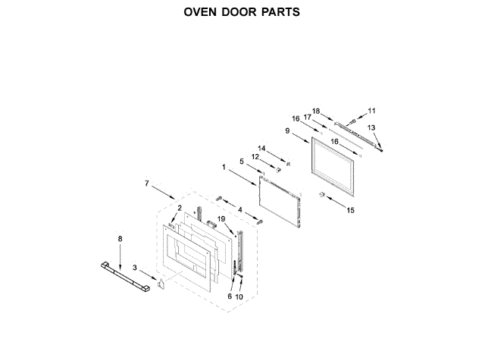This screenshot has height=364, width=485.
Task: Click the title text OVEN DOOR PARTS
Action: click(242, 12)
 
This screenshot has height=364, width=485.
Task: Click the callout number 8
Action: click(119, 239)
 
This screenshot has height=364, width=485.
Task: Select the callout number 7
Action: click(147, 183)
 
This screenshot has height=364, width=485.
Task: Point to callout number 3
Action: click(134, 267)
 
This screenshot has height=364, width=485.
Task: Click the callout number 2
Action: click(179, 207)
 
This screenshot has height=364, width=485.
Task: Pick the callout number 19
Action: click(221, 219)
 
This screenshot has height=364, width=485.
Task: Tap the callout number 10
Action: click(241, 297)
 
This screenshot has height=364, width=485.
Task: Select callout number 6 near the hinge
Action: click(230, 297)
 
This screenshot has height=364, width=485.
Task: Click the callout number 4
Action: click(240, 209)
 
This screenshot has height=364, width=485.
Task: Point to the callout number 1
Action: click(224, 166)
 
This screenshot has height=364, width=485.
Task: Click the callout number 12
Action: click(255, 157)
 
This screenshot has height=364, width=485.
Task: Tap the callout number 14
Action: click(261, 147)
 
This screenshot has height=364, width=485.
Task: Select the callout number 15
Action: click(350, 209)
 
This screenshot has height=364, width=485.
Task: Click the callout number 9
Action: click(288, 130)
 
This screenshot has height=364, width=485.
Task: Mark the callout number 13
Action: click(371, 127)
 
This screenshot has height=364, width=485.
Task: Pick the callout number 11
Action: click(371, 111)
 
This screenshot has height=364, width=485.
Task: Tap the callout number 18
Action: click(316, 111)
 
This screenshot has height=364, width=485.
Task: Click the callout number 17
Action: click(308, 117)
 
